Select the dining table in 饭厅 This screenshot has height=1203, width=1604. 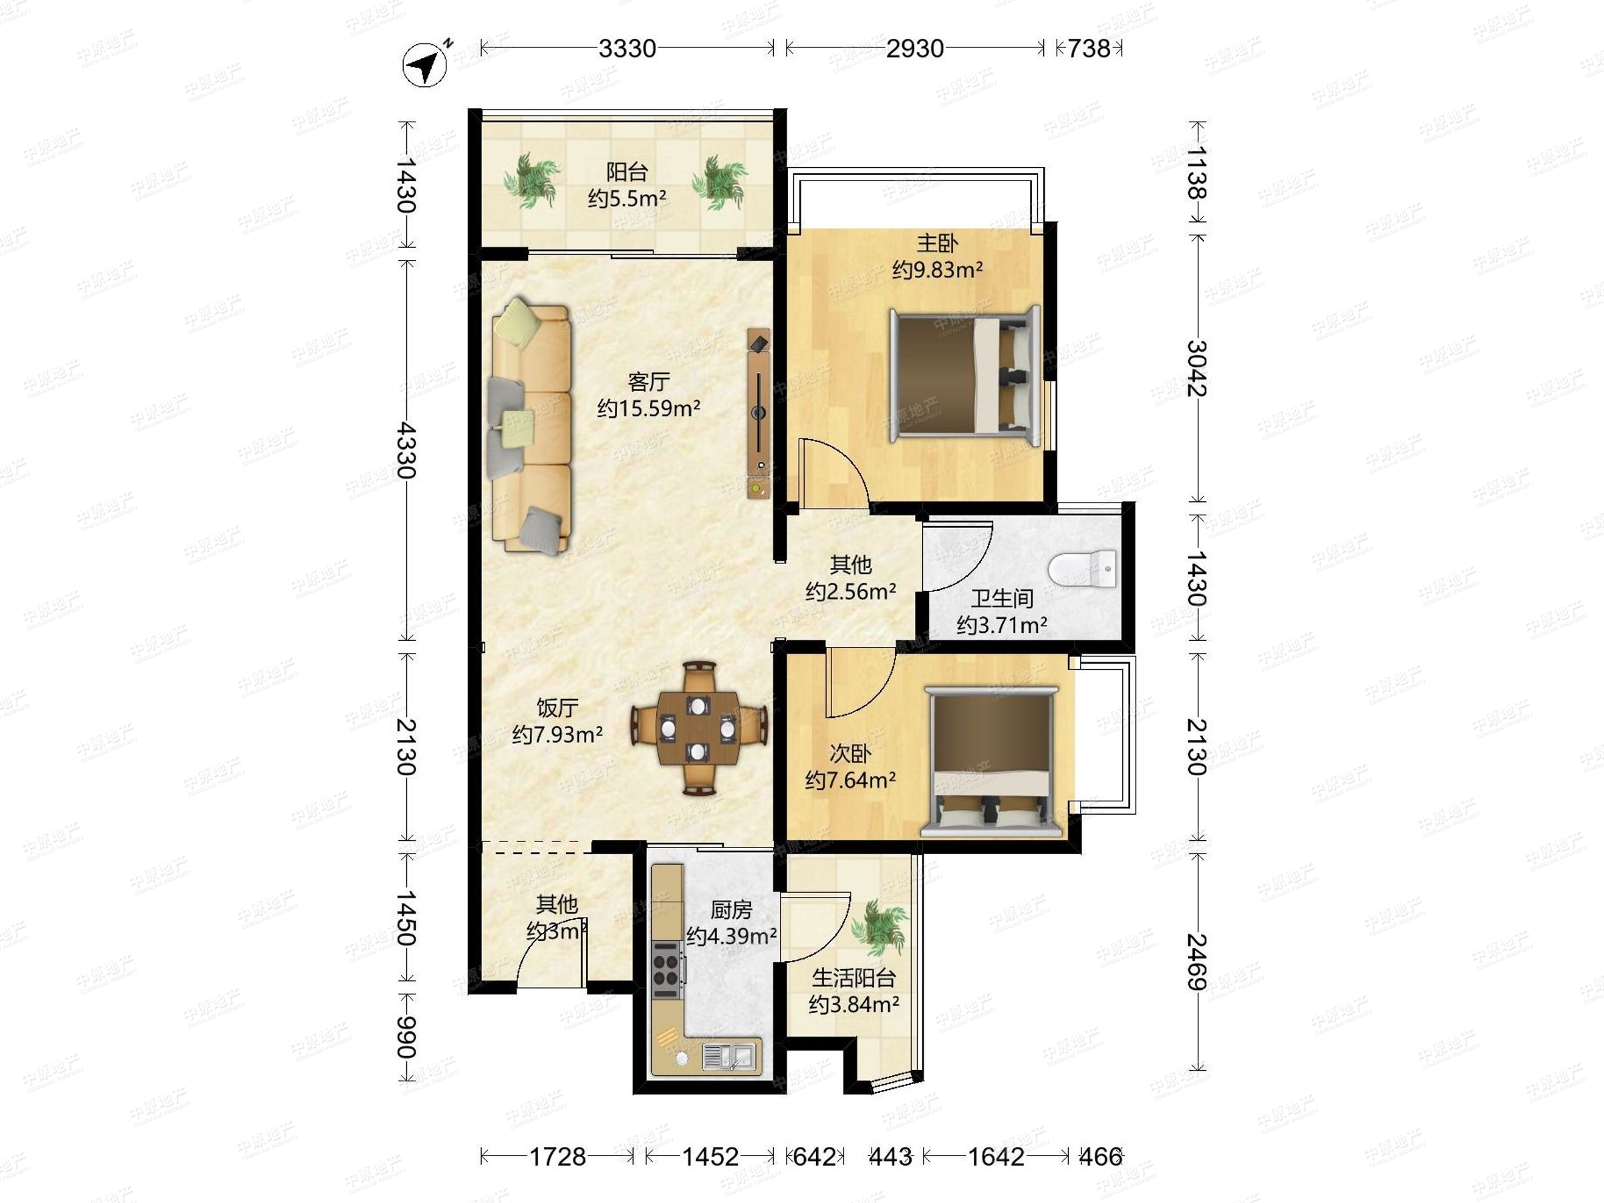(698, 727)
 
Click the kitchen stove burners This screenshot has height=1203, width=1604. (667, 970)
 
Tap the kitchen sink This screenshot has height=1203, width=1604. (731, 1056)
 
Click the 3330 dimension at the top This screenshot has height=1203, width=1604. (628, 49)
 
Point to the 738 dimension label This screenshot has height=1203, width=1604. (1089, 49)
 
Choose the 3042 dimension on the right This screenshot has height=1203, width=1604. (1196, 368)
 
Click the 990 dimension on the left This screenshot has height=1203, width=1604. (406, 1037)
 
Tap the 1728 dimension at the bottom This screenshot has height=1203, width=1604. (557, 1157)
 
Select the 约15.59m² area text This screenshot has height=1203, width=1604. (648, 409)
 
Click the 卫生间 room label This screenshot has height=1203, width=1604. (1001, 598)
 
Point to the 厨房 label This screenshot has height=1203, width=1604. (731, 910)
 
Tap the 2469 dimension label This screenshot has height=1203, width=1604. (1196, 962)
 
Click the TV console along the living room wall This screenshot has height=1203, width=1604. (759, 413)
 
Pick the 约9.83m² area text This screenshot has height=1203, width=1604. (938, 270)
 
